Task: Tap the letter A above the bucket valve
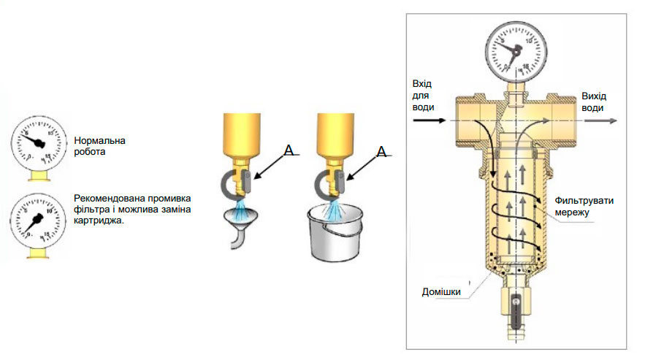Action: (381, 152)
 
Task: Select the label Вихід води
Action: (592, 102)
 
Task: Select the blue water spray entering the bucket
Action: (335, 210)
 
